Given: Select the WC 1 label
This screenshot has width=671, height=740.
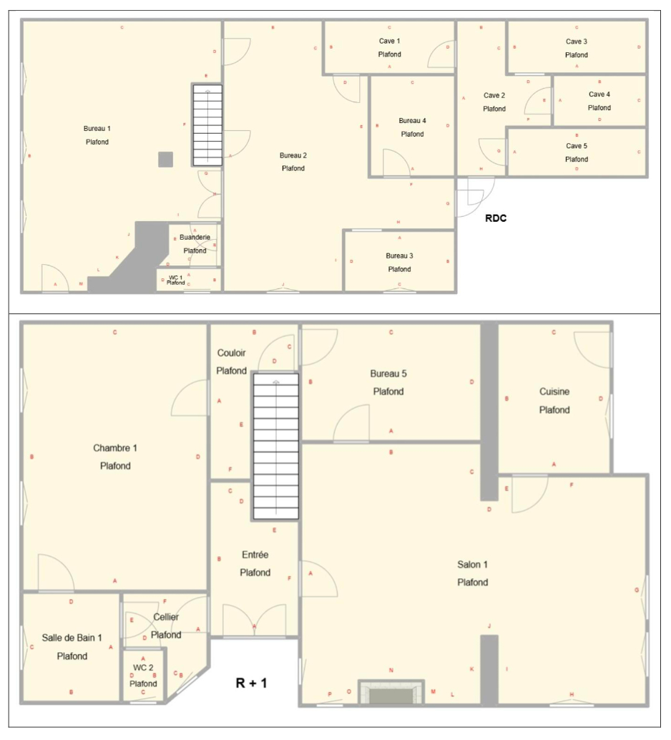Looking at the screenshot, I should [176, 277].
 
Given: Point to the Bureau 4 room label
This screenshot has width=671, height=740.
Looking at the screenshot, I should [412, 120].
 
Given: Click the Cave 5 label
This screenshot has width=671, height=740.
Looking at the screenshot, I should [576, 146].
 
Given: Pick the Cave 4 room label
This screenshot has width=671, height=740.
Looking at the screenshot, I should [599, 94].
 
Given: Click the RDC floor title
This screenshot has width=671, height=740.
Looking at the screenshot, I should [496, 218].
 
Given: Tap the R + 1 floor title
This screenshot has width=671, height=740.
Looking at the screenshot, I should [251, 683].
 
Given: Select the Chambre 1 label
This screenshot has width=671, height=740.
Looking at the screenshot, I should [115, 448].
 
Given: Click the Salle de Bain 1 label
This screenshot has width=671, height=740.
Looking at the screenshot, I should [72, 638].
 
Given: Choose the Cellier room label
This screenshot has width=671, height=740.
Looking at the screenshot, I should [166, 617].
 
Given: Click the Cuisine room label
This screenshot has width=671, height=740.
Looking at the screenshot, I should [554, 391].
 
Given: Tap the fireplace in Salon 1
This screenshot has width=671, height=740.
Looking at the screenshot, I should [388, 693].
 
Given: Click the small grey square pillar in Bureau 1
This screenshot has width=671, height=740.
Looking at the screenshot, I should [165, 160].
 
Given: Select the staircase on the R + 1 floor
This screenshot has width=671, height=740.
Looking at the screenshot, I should [275, 447].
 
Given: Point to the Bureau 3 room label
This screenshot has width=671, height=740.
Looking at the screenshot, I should [399, 255].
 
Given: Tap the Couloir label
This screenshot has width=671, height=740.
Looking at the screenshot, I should [231, 353].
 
